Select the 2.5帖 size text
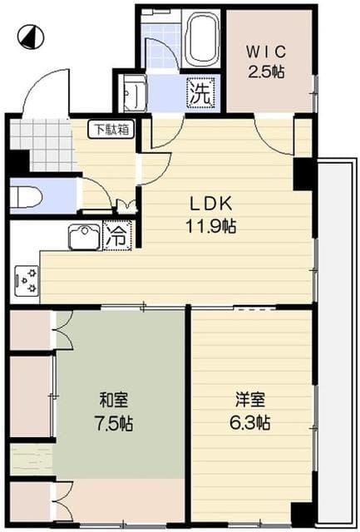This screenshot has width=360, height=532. point(266,71)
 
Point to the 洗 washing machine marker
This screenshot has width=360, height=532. point(200,92)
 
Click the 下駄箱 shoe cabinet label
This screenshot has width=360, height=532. point(110,130)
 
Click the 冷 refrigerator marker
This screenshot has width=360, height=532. point(118,236)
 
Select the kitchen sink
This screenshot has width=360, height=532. point(84,236)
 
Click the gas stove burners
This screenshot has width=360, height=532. point(25,281)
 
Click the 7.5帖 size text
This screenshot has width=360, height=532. point(116,422)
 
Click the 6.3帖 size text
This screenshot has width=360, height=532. point(249,422)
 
